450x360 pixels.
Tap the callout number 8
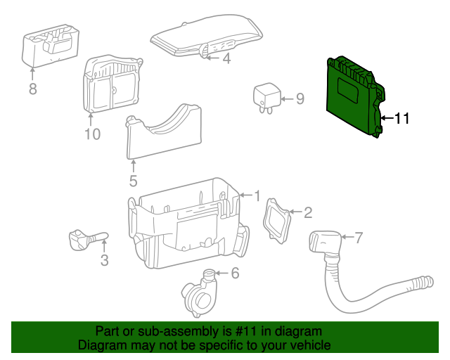32,89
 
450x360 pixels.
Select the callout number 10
93,134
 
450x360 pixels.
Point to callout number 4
226,59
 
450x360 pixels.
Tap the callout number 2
307,212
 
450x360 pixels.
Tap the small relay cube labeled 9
266,95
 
